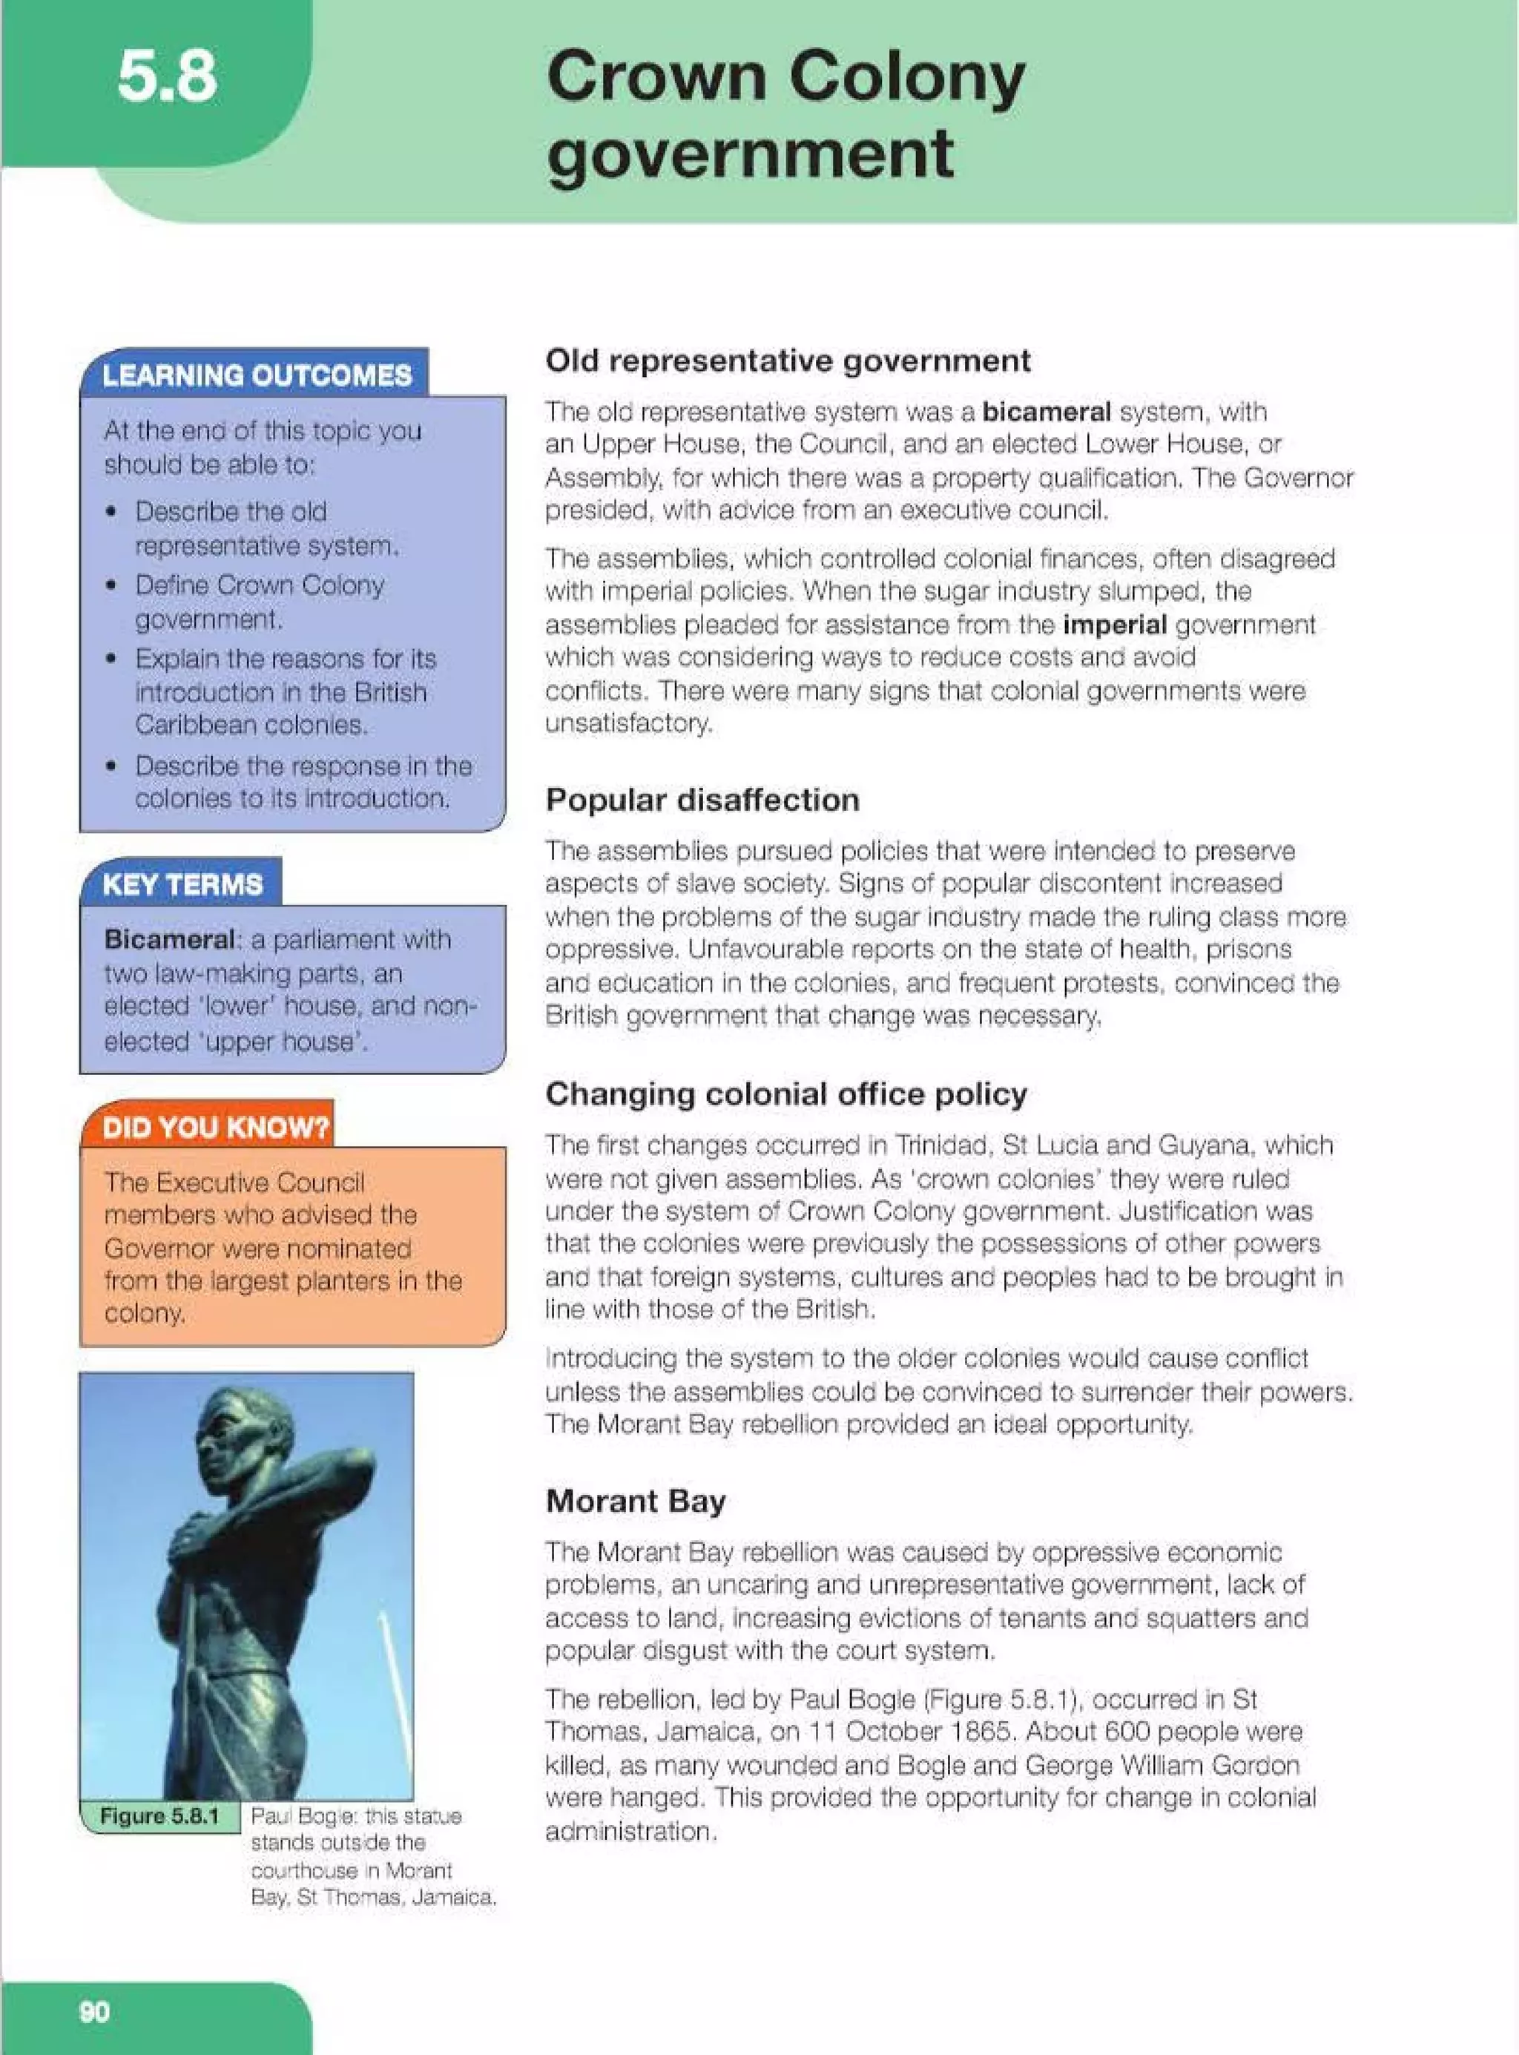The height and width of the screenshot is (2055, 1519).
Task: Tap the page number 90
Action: point(93,2012)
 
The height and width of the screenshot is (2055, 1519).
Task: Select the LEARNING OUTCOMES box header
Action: point(257,375)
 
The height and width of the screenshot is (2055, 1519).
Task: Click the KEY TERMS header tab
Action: point(182,884)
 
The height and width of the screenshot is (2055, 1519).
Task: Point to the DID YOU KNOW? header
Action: point(215,1127)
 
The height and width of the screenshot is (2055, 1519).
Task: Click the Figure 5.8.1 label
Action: point(159,1816)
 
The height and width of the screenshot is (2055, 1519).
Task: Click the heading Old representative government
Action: point(787,361)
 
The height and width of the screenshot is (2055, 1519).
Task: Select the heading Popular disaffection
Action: point(702,800)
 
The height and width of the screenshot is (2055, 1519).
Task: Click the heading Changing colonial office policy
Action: point(785,1094)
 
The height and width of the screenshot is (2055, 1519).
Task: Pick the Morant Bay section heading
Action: point(636,1502)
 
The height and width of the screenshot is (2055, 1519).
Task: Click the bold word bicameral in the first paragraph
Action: point(1046,411)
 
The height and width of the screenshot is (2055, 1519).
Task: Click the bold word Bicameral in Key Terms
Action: point(169,940)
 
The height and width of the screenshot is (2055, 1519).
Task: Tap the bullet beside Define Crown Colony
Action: point(111,585)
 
